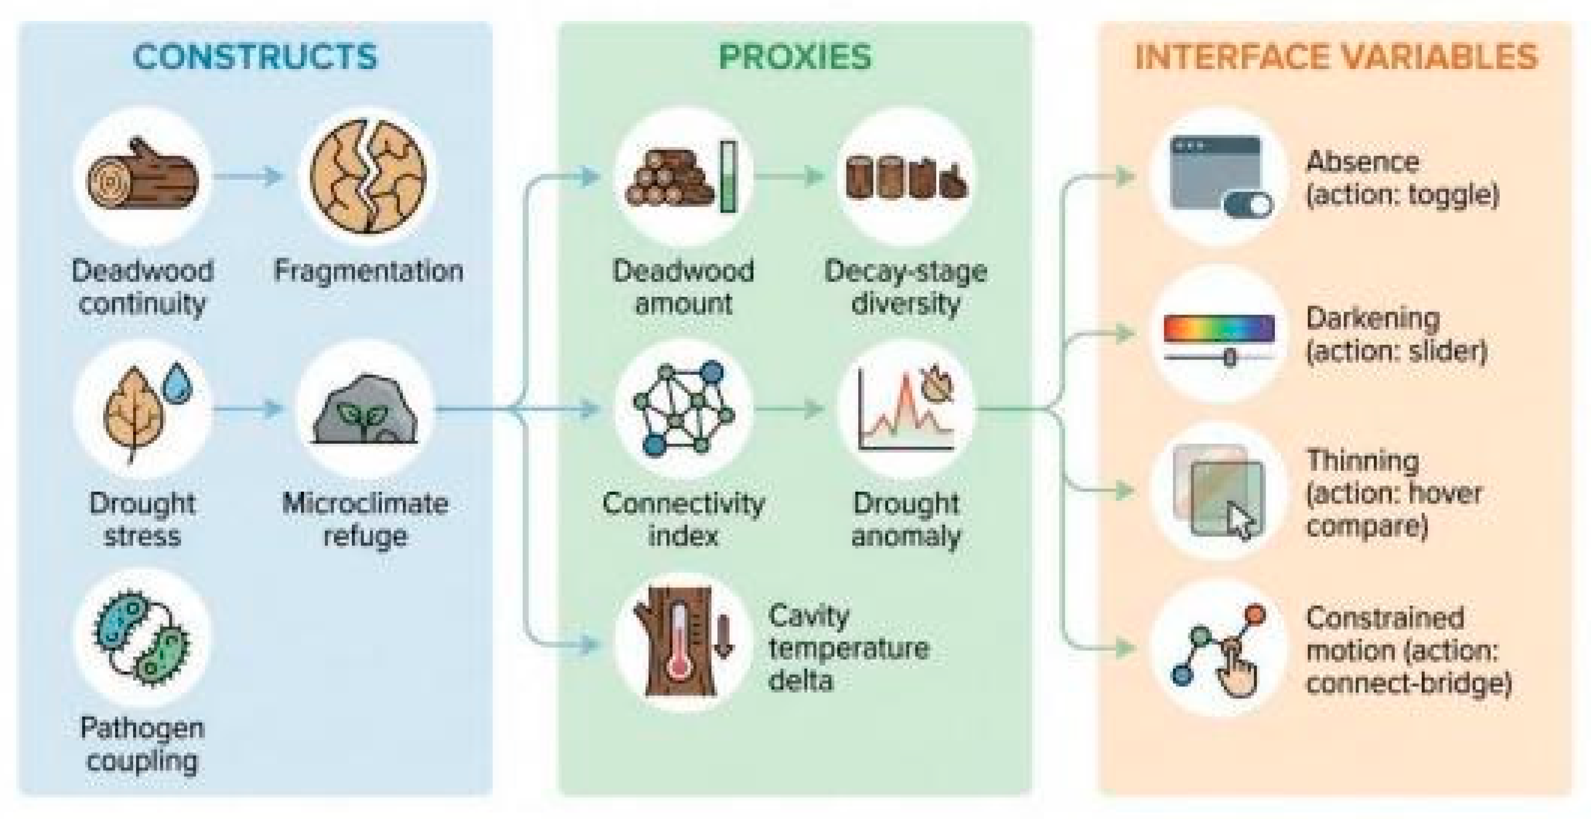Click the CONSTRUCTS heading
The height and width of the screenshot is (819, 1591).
point(255,57)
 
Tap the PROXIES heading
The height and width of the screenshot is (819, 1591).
point(795,57)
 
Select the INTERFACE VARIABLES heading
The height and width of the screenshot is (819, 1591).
point(1336,57)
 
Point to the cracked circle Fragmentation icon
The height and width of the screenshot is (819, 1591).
point(368,176)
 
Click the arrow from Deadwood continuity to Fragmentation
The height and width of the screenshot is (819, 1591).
point(248,176)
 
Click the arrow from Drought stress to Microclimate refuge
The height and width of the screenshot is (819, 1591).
point(248,408)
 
